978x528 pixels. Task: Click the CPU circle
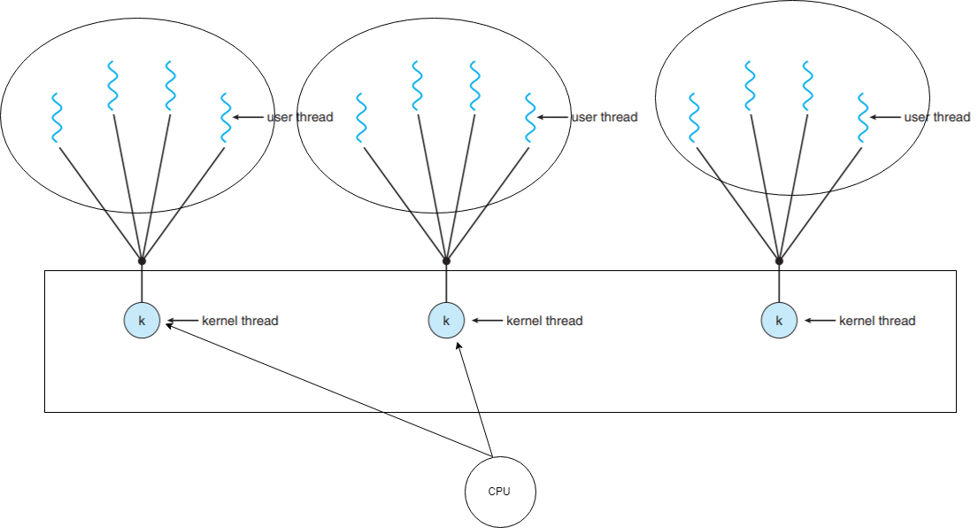pyautogui.click(x=500, y=492)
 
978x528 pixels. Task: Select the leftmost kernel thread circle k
pyautogui.click(x=142, y=321)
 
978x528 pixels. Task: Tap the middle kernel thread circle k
pyautogui.click(x=446, y=321)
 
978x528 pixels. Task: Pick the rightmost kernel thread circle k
pyautogui.click(x=779, y=321)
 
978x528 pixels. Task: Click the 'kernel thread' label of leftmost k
pyautogui.click(x=240, y=321)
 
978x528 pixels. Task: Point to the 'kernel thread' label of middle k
pyautogui.click(x=544, y=321)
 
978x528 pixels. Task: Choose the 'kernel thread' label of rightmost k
pyautogui.click(x=877, y=321)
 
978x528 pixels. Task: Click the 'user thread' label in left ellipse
pyautogui.click(x=300, y=117)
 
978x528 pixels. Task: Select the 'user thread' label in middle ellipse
pyautogui.click(x=605, y=117)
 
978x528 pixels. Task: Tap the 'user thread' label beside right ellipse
pyautogui.click(x=937, y=117)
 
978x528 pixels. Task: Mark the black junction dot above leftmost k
pyautogui.click(x=142, y=260)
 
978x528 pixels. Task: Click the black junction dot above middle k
pyautogui.click(x=446, y=260)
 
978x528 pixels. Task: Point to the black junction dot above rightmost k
pyautogui.click(x=779, y=260)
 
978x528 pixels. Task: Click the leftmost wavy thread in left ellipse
pyautogui.click(x=57, y=117)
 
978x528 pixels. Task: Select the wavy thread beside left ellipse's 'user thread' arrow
pyautogui.click(x=225, y=117)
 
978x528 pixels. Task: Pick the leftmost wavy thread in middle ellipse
pyautogui.click(x=361, y=117)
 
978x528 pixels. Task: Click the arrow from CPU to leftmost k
pyautogui.click(x=327, y=392)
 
